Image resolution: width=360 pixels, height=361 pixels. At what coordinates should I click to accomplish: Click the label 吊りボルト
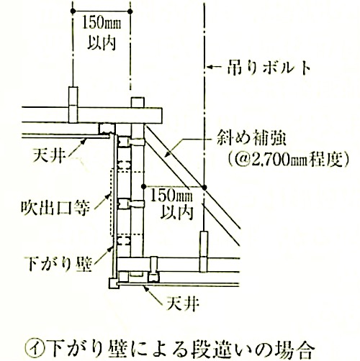(x=269, y=68)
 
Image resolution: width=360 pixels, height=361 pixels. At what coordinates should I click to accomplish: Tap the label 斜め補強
(x=251, y=139)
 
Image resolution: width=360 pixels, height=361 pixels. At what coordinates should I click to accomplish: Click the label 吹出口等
(x=55, y=208)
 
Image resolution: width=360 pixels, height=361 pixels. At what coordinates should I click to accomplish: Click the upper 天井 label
(x=50, y=155)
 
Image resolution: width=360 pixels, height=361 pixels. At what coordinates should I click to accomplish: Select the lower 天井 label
(x=183, y=303)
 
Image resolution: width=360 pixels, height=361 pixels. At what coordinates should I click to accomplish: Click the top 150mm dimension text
(x=102, y=24)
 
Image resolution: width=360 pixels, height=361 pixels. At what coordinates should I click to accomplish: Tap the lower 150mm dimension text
(x=171, y=196)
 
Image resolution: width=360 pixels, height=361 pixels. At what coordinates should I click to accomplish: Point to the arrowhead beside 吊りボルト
(x=210, y=67)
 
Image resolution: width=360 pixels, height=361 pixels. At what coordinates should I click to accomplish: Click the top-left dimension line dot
(x=73, y=11)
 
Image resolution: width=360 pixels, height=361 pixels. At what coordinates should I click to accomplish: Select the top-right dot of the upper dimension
(x=130, y=11)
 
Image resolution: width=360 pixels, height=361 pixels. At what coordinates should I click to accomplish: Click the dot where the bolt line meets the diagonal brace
(x=204, y=187)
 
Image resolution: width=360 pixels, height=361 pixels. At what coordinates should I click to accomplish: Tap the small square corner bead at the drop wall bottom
(x=114, y=283)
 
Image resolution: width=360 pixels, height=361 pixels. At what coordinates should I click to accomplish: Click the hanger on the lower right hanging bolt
(x=204, y=252)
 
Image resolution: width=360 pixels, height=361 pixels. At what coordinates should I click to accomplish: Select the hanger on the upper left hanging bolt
(x=73, y=105)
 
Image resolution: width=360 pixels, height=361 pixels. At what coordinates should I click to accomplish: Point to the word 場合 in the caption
(x=295, y=350)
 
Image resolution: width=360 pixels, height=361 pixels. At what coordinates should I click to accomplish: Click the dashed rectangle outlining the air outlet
(x=110, y=203)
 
